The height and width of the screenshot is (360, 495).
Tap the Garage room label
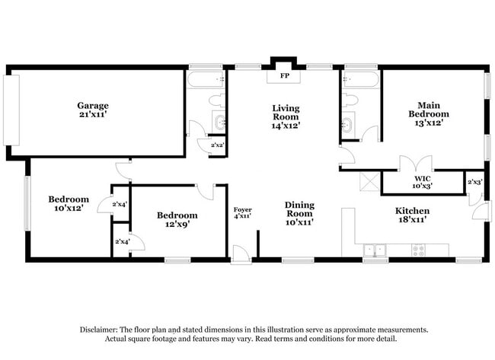pos(92,110)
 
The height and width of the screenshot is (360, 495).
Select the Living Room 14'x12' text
pos(286,117)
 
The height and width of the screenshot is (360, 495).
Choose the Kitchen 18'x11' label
pos(412,215)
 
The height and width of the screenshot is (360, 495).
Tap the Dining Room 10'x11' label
pos(299,213)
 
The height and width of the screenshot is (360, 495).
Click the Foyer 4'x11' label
pos(242,213)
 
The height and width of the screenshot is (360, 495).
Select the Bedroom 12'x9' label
pos(177,220)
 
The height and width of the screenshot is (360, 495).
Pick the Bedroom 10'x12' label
pos(69,203)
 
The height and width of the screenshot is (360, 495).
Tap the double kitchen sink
pos(374,249)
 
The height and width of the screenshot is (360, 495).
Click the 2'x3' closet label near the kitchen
pos(474,182)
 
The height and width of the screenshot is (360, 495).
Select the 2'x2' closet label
pos(217,145)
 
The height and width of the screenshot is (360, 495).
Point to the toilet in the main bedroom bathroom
pos(351,99)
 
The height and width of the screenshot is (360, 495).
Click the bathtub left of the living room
pos(206,78)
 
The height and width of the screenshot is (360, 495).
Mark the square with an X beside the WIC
pos(369,181)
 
